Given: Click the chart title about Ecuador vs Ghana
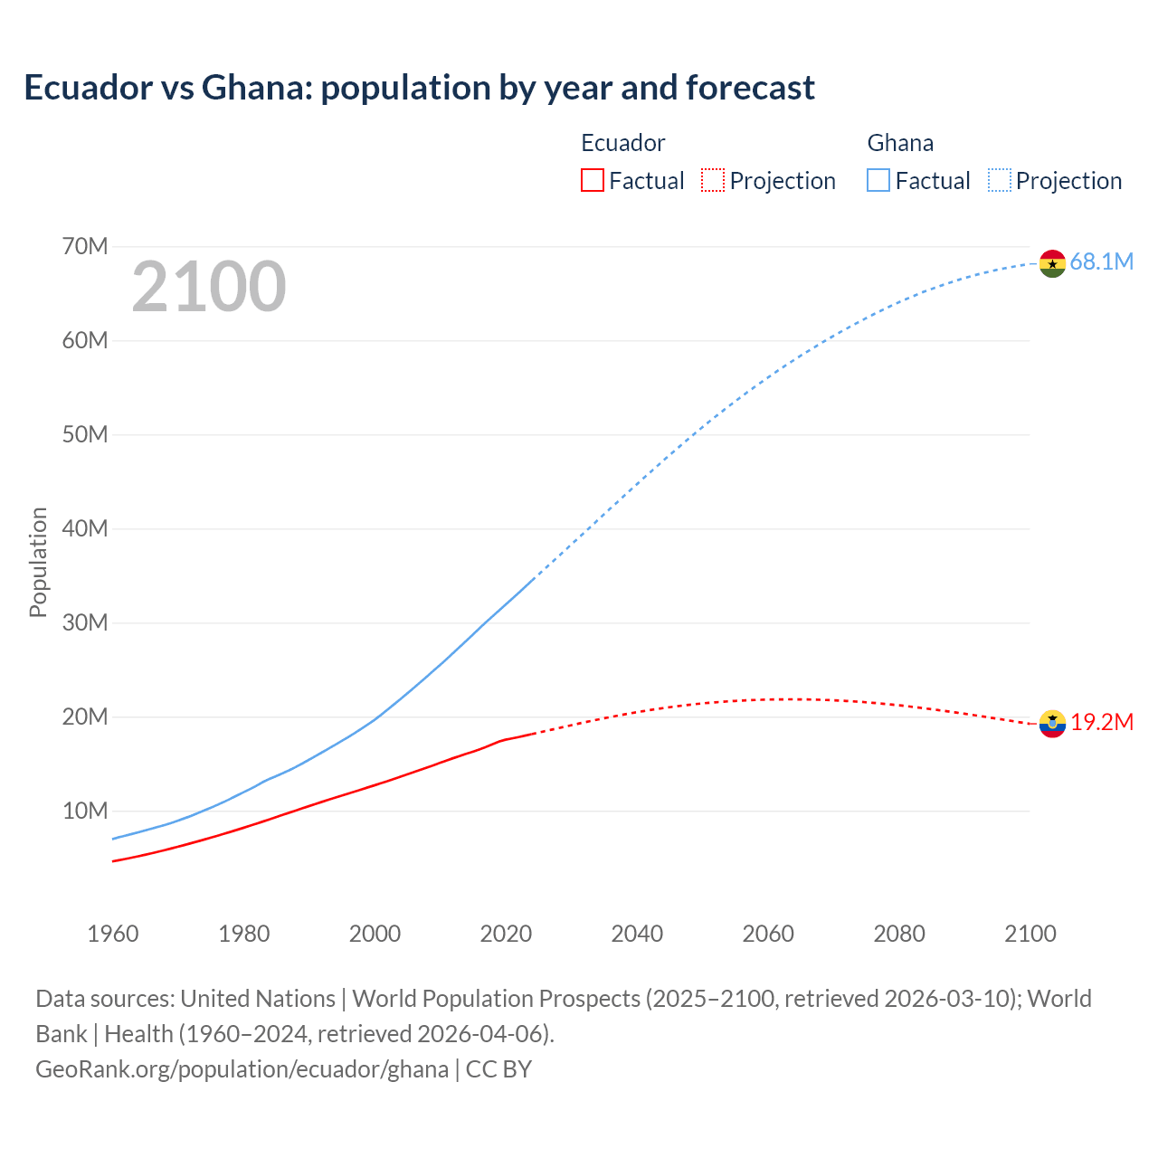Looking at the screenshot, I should pyautogui.click(x=419, y=88).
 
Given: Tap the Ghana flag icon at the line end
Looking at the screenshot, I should pyautogui.click(x=1052, y=263).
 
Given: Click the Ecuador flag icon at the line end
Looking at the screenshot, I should pyautogui.click(x=1052, y=724).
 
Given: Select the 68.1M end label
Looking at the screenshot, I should pyautogui.click(x=1101, y=262).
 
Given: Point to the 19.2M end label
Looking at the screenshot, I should pyautogui.click(x=1102, y=722).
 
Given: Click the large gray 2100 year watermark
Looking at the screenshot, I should pyautogui.click(x=209, y=287).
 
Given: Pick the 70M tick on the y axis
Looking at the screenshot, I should pyautogui.click(x=85, y=246).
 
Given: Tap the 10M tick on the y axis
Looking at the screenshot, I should pyautogui.click(x=85, y=811).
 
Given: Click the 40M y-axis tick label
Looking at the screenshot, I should pyautogui.click(x=85, y=528).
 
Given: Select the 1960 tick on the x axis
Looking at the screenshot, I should pyautogui.click(x=113, y=934).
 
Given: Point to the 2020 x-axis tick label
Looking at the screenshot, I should pyautogui.click(x=506, y=934).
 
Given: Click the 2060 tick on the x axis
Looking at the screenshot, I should pyautogui.click(x=768, y=934).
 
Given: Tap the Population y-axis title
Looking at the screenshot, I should pyautogui.click(x=38, y=562).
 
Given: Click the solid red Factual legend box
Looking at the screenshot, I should pyautogui.click(x=592, y=181).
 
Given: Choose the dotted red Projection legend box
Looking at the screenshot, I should pyautogui.click(x=713, y=181).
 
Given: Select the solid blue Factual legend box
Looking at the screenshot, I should pyautogui.click(x=878, y=181).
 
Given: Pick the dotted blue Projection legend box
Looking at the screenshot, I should pyautogui.click(x=999, y=181).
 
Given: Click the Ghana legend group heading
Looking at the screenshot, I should pyautogui.click(x=900, y=143).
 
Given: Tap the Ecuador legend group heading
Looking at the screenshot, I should pyautogui.click(x=622, y=143).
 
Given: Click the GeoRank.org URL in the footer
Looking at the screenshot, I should pyautogui.click(x=242, y=1069).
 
